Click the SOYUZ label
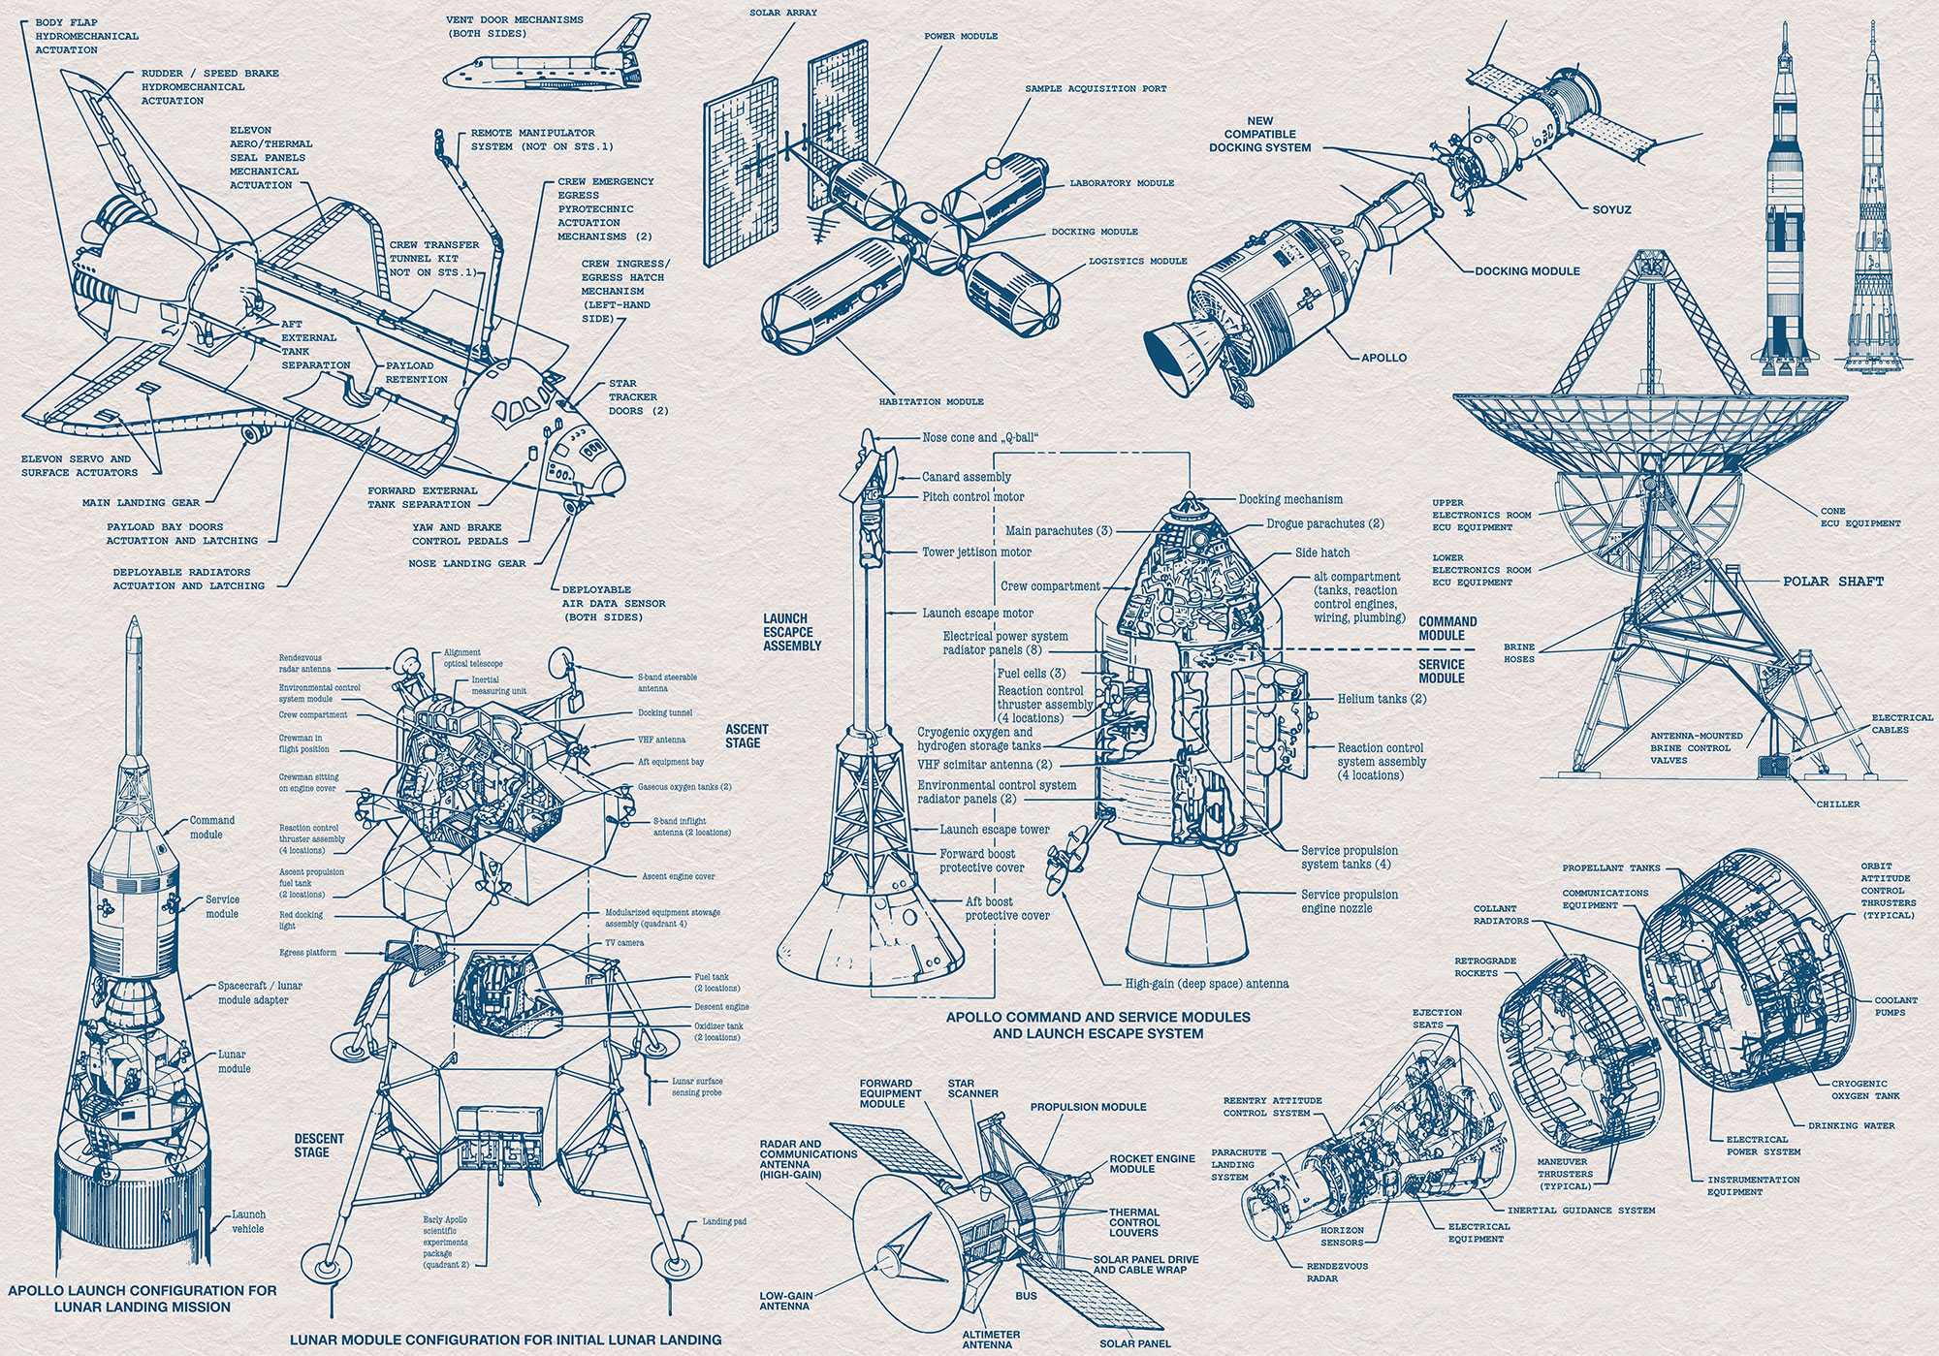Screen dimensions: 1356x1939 coord(1611,209)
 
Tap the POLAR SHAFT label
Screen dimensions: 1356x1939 coord(1832,582)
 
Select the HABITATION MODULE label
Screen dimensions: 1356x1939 coord(931,401)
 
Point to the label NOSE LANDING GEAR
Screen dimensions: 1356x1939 coord(467,563)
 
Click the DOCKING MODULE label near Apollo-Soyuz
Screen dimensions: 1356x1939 coord(1527,271)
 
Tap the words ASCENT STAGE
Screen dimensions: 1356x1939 coord(747,736)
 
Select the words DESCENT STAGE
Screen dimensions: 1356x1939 coord(319,1145)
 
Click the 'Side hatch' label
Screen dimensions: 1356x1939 coord(1322,552)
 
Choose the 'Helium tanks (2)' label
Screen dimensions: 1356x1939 coord(1382,698)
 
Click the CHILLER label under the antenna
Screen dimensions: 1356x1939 coord(1838,804)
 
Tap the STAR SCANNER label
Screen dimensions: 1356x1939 coord(972,1088)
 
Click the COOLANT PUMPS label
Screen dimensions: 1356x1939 coord(1895,1006)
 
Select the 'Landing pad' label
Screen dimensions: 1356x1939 coord(724,1221)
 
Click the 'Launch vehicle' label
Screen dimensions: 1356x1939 coord(248,1221)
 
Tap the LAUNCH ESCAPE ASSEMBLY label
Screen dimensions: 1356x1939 coord(792,632)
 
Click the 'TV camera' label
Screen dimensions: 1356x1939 coord(624,942)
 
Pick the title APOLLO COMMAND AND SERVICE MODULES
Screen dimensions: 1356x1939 coord(1097,1017)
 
